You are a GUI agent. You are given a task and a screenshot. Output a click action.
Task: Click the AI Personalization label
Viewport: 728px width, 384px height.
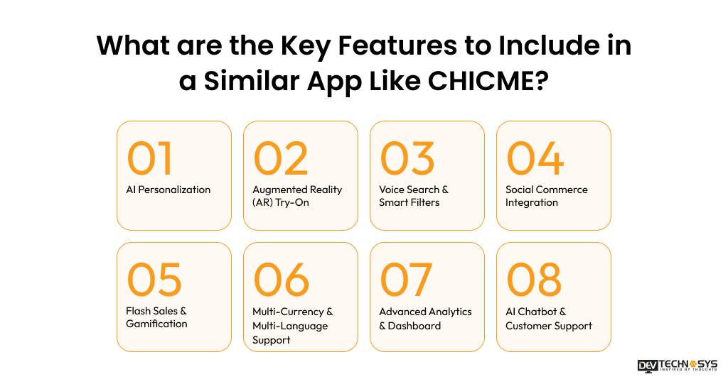pyautogui.click(x=168, y=190)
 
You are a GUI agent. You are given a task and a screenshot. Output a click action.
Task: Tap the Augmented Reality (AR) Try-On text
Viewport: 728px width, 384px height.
pyautogui.click(x=297, y=196)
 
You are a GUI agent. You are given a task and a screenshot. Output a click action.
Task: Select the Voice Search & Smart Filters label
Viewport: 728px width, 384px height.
pyautogui.click(x=414, y=196)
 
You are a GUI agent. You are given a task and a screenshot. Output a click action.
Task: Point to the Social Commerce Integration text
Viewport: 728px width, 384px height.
pyautogui.click(x=546, y=196)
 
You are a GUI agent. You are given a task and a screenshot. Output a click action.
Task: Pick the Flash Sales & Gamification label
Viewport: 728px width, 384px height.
pyautogui.click(x=156, y=317)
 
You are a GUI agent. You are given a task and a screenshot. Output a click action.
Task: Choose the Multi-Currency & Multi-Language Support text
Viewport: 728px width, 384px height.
pyautogui.click(x=293, y=326)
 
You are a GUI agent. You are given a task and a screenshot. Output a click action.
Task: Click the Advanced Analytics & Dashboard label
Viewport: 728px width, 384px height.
pyautogui.click(x=425, y=319)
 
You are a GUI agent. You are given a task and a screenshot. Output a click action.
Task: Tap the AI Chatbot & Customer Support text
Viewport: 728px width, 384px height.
pyautogui.click(x=548, y=319)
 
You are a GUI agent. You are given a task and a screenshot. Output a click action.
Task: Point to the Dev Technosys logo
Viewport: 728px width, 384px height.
pyautogui.click(x=677, y=366)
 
